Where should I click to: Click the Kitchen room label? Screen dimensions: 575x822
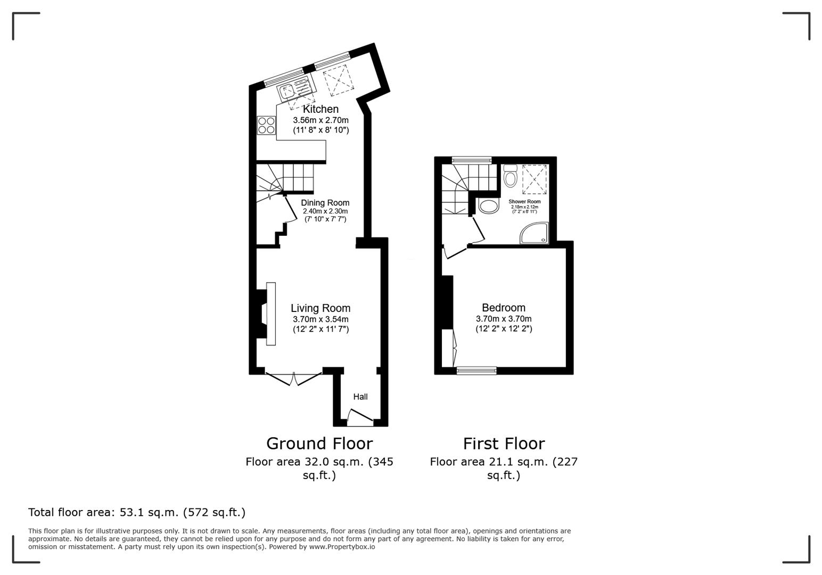coord(320,109)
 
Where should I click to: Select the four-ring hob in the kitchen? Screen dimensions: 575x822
coord(266,125)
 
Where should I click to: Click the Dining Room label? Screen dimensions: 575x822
coord(325,203)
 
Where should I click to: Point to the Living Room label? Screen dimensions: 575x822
coord(320,308)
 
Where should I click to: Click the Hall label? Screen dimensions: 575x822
coord(360,397)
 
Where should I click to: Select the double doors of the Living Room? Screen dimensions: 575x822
coord(293,377)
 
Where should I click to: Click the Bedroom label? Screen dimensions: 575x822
coord(504,308)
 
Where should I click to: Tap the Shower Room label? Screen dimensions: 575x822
coord(524,202)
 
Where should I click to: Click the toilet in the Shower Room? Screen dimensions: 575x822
coord(510,176)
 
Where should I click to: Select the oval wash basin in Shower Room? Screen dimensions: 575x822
coord(489,206)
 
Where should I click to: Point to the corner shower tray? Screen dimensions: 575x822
coord(534,234)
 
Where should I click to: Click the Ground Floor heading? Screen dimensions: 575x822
coord(319,443)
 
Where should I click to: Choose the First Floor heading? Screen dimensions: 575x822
coord(504,443)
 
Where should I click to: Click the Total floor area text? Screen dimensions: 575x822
coord(137,512)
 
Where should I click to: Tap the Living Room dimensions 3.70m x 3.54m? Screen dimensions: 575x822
coord(320,319)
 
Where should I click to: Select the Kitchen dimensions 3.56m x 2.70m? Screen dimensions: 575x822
coord(320,120)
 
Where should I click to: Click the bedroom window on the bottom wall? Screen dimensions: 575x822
coord(476,371)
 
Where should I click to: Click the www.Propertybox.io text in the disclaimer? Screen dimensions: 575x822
coord(342,547)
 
